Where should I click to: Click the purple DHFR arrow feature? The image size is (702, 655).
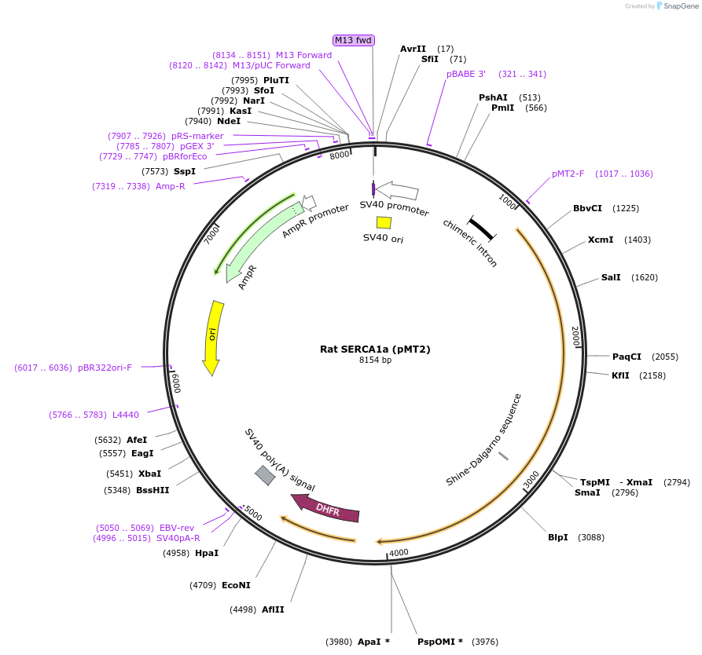(326, 509)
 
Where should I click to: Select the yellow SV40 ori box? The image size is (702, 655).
(384, 222)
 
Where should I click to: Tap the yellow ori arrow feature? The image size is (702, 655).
(212, 337)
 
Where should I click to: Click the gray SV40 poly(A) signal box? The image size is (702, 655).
(265, 475)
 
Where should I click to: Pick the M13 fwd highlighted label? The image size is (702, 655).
(353, 40)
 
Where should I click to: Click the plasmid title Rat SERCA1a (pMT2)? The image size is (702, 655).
(375, 349)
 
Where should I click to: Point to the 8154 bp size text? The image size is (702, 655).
(375, 360)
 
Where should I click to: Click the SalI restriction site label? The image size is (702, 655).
(611, 277)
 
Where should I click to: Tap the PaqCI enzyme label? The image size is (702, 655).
(627, 357)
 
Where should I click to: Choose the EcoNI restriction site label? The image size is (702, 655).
(236, 585)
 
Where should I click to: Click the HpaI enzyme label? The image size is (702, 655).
(207, 553)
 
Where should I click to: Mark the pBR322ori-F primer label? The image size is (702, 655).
(105, 368)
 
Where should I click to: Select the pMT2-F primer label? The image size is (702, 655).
(568, 174)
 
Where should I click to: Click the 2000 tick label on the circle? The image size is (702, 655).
(575, 335)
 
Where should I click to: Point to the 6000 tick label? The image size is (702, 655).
(176, 383)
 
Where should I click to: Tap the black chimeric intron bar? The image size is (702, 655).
(481, 228)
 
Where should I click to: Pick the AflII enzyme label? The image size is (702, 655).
(274, 609)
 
